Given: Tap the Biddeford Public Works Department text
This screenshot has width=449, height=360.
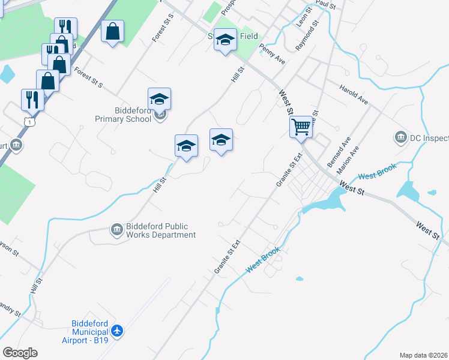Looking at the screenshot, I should click(160, 230).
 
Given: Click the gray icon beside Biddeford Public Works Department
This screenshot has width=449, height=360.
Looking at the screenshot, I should click(116, 229).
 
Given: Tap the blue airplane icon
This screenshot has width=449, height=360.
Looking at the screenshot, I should click(118, 331).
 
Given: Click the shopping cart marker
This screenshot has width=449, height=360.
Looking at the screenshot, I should click(301, 127).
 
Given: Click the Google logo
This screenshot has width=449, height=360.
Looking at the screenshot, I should click(20, 353).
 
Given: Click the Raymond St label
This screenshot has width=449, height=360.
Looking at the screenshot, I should click(307, 37).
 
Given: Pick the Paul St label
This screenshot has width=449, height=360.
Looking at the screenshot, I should click(325, 4).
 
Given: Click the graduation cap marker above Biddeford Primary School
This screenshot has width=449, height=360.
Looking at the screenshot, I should click(160, 98).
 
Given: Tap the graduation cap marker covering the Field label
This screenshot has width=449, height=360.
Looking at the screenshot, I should click(226, 41).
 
